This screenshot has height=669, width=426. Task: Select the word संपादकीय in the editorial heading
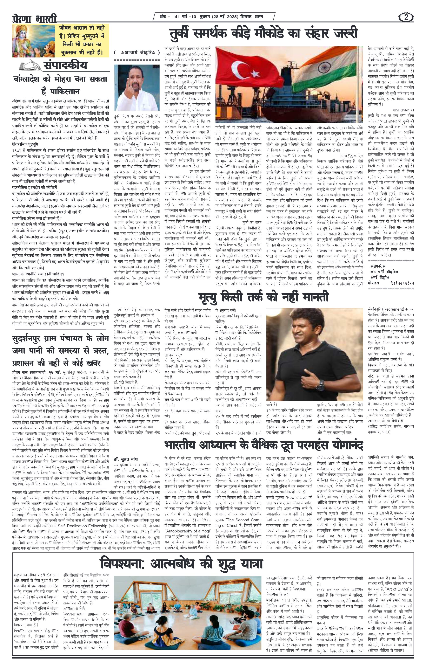[65, 65]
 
